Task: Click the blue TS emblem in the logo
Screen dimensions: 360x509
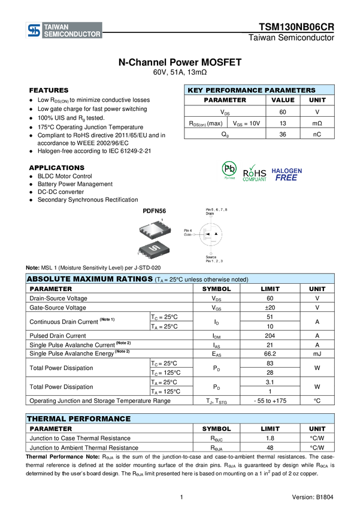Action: pos(34,31)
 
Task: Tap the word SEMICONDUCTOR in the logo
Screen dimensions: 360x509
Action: pos(72,35)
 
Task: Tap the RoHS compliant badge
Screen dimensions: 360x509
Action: pos(255,172)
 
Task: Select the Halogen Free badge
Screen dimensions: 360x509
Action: pos(287,174)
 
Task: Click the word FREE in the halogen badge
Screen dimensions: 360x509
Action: pos(286,178)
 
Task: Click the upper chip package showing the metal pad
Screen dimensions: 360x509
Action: pos(155,228)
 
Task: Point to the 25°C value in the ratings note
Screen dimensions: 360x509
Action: pos(176,280)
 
